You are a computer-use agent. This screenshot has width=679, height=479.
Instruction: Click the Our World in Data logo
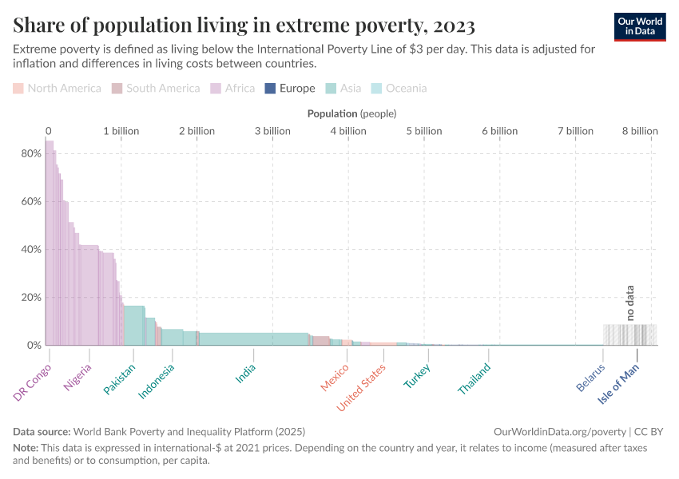[640, 26]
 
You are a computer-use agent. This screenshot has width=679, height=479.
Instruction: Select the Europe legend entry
[290, 89]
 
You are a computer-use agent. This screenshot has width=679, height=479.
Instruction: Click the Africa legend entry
[232, 89]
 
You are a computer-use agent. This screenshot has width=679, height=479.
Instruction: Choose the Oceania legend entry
[399, 89]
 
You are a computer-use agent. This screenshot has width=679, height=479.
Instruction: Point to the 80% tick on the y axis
[31, 153]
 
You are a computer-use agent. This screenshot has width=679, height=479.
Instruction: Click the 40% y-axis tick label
[31, 249]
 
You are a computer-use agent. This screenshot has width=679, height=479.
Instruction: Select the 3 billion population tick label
[273, 131]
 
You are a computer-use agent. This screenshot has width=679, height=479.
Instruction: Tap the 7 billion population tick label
[575, 131]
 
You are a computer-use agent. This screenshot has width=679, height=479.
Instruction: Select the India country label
[246, 374]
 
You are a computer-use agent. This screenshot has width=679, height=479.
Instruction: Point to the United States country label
[361, 387]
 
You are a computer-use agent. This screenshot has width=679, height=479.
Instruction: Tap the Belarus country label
[591, 377]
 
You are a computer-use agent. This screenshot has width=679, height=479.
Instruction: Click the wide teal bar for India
[253, 338]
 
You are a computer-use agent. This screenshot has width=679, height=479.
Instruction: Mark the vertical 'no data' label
[629, 303]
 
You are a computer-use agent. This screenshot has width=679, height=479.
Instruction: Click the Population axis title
[351, 113]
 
